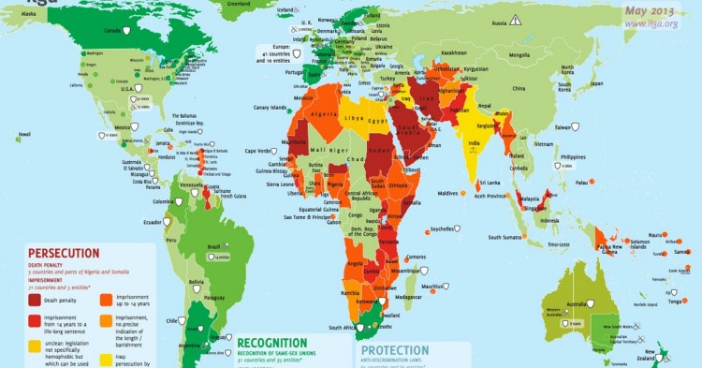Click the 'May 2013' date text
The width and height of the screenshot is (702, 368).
pyautogui.click(x=654, y=10)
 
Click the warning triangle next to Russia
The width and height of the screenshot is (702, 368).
pyautogui.click(x=514, y=20)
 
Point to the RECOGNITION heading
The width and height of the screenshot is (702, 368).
pyautogui.click(x=271, y=343)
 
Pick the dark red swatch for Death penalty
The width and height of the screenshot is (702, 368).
pyautogui.click(x=34, y=301)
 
